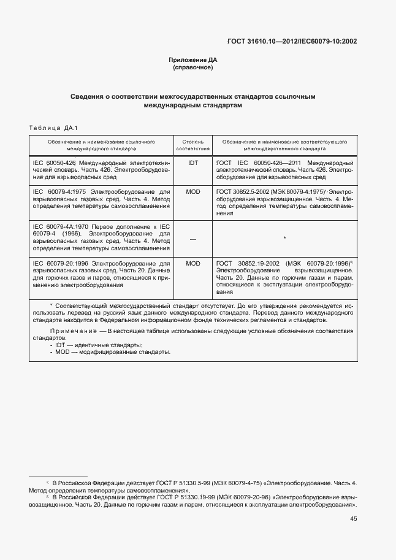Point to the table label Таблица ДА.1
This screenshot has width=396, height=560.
(x=52, y=128)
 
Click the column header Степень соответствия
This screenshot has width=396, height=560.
(x=193, y=145)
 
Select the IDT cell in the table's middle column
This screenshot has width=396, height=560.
(x=193, y=163)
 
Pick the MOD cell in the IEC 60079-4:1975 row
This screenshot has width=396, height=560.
(x=193, y=192)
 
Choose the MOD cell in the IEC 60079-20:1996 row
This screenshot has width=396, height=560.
(x=193, y=263)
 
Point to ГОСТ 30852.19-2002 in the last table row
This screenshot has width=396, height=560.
(x=246, y=263)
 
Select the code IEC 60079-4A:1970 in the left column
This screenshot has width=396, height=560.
(x=61, y=226)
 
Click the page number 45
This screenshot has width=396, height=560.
(x=354, y=519)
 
